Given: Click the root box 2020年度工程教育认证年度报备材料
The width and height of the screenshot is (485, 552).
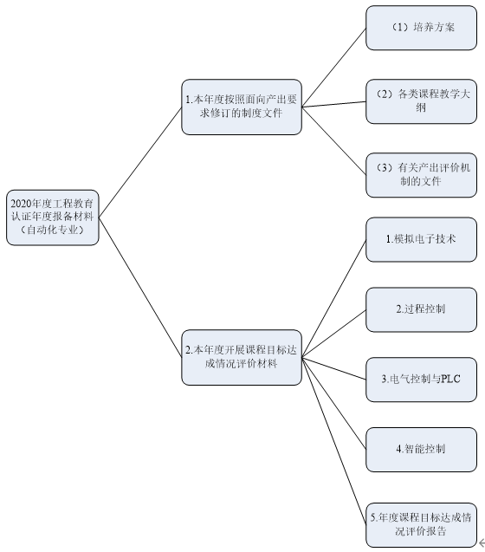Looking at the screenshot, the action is (x=53, y=218).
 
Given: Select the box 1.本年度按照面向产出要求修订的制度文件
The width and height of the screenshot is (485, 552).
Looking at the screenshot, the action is (x=242, y=107).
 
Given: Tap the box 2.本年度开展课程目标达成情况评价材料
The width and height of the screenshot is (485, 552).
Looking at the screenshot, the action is (x=242, y=357).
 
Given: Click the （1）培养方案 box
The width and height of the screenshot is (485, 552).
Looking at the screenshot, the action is (x=421, y=28).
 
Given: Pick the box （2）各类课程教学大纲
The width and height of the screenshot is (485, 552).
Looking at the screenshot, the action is (x=421, y=101).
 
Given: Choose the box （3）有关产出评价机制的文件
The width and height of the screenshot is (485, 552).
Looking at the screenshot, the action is (x=421, y=175).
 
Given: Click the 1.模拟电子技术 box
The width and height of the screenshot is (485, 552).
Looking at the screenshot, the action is (x=421, y=239).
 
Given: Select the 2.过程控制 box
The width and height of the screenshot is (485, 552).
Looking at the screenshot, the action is (x=421, y=309).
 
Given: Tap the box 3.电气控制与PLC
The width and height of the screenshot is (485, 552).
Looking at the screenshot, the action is (x=421, y=380).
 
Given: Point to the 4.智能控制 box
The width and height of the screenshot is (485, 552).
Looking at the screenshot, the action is (x=421, y=450).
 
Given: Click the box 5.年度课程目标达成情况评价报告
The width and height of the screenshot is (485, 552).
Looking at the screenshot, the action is (x=421, y=525).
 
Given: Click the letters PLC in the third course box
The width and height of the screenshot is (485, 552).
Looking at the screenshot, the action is (x=450, y=380).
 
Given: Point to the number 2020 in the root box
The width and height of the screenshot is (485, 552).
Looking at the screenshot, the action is (x=21, y=204).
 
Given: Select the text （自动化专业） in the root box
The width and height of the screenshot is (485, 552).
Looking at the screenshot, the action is (x=53, y=231).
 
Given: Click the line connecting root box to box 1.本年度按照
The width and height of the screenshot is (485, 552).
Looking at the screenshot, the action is (x=140, y=162).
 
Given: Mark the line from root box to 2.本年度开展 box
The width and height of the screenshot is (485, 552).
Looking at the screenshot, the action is (x=140, y=288).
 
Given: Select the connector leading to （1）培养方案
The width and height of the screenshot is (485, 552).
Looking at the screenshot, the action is (x=334, y=68).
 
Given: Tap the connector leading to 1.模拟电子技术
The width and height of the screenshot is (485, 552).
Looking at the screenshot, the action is (x=334, y=298).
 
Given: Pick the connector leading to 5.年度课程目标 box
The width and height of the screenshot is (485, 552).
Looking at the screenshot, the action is (x=334, y=441).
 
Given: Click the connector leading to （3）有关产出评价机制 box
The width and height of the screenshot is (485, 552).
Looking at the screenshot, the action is (x=334, y=140).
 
